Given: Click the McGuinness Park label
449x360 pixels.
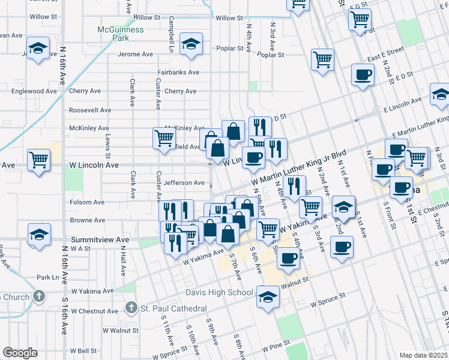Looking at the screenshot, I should coord(121,33).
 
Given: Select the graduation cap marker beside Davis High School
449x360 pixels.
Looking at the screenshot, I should coord(268,296).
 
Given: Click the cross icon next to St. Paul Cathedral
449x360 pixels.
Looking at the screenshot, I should coord(131,308).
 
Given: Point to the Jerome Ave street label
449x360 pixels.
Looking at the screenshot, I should coord(136,54).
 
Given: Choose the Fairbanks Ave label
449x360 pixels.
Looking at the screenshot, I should coord(178,72).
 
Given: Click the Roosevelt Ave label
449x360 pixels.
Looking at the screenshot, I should coord(90,110).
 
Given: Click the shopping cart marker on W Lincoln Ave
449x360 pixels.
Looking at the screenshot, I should coord(39,161).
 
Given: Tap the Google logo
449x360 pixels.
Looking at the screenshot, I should coord(20,353).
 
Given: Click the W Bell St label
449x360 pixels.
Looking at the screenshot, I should coord(83,350).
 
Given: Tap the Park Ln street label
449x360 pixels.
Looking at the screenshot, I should coord(48,277).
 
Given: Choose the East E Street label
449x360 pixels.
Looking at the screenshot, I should coord(384,58).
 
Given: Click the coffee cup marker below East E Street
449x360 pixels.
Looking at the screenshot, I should coord(363,75).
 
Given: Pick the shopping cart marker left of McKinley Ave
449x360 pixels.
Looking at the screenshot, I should coord(164,137).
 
